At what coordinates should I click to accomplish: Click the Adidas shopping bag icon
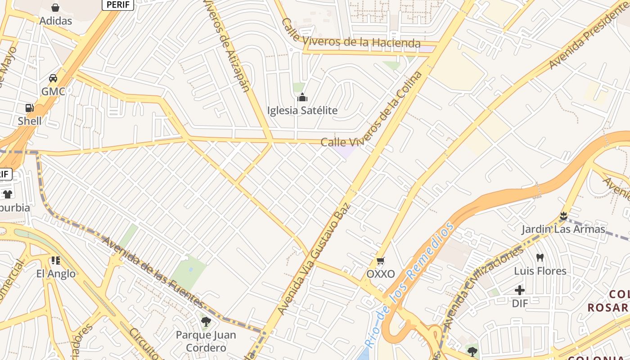click(55, 8)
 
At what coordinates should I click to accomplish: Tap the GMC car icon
click(53, 78)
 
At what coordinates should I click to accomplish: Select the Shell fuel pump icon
click(30, 108)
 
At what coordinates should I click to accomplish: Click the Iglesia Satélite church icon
click(302, 97)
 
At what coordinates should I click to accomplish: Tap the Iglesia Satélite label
click(302, 110)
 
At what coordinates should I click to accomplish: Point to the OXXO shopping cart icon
click(381, 261)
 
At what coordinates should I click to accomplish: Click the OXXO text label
click(381, 274)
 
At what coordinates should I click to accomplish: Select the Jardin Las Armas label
click(563, 229)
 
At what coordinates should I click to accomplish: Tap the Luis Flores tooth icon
click(540, 258)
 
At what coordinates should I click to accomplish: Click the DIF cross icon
click(520, 290)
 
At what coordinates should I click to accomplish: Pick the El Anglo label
click(56, 274)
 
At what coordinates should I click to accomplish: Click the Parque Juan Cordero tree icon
click(206, 322)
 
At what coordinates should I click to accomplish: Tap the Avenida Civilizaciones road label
click(481, 288)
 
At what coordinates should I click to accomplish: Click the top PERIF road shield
click(118, 4)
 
